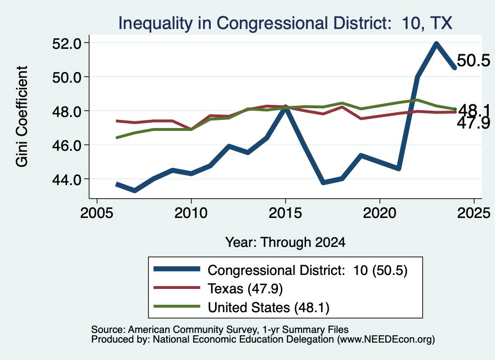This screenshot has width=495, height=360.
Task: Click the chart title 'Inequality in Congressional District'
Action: coord(252,23)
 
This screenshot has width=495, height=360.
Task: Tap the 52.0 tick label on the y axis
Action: coord(67,43)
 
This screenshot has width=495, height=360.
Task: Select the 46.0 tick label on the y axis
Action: coord(67,145)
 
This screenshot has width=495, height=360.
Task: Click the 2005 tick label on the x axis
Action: coord(97,213)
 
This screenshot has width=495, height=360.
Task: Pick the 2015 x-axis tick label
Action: coord(285,213)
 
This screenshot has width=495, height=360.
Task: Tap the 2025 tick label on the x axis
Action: coord(474,213)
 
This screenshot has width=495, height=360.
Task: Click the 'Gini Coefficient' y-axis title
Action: coord(22,116)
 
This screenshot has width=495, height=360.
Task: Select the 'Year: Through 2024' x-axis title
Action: coord(285,242)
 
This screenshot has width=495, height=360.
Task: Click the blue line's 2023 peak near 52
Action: coord(437,44)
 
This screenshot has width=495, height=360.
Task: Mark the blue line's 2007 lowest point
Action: coord(135,190)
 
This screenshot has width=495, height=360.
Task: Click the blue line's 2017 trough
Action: coord(323,182)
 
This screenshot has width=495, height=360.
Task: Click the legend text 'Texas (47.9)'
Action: coord(245,288)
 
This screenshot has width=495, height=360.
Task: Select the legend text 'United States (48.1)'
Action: coord(268,307)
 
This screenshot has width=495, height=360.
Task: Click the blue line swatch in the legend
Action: coord(177,269)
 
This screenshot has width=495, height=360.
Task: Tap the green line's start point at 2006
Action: coord(117,138)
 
